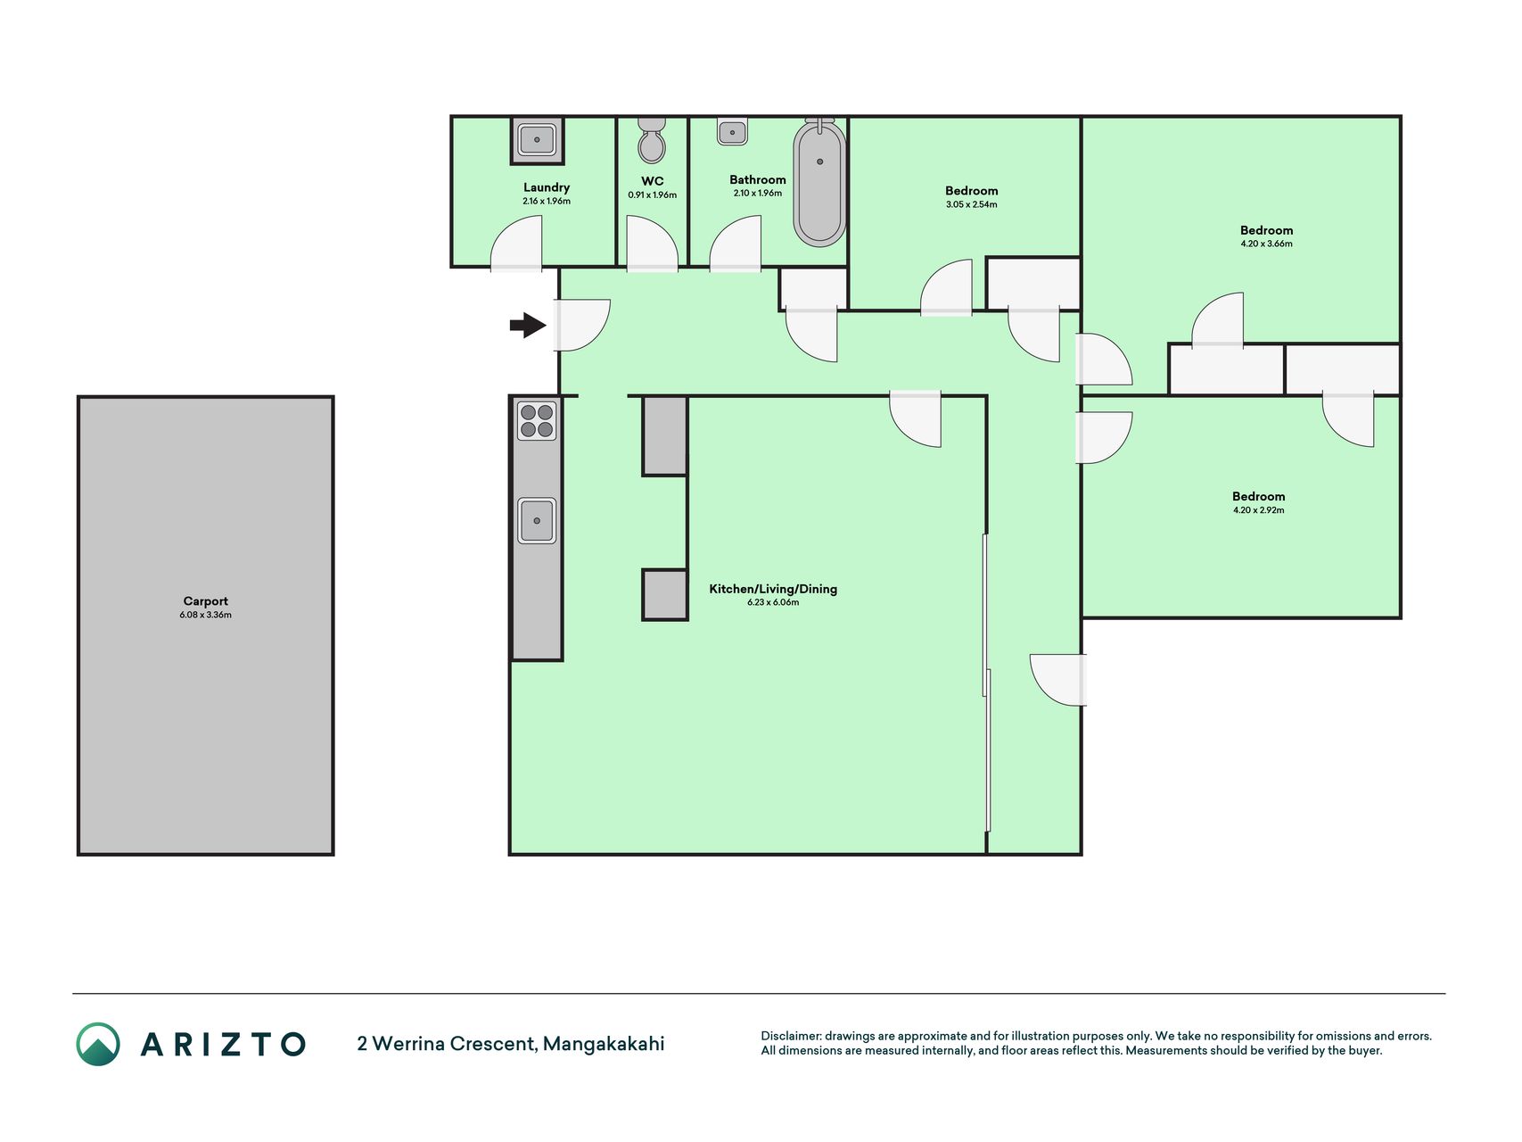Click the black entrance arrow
528,326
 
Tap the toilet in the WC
652,140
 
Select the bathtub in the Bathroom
820,182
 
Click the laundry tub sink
538,140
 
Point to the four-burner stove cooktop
537,420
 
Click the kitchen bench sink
537,520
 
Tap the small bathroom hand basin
732,131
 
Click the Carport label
206,601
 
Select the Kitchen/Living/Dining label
773,589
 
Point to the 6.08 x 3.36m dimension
206,615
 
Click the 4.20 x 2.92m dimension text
1259,510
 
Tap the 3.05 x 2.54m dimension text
972,204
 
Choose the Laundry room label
547,187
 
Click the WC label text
653,181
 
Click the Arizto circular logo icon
98,1044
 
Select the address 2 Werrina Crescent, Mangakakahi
511,1044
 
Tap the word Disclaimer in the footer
790,1036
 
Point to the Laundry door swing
516,244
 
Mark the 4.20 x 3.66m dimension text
1267,244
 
